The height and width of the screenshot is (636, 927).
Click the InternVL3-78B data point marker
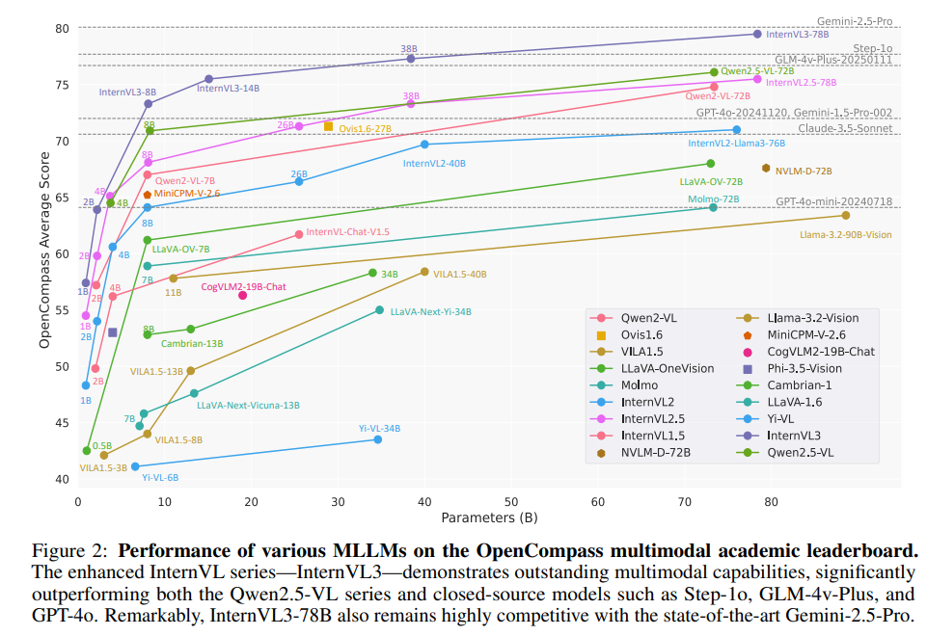coord(756,34)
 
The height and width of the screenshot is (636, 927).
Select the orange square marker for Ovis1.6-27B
coord(328,126)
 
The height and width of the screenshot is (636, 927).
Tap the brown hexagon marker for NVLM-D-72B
coord(766,168)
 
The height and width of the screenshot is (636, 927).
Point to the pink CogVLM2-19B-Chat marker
coord(242,295)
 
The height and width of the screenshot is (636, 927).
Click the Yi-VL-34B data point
coord(377,439)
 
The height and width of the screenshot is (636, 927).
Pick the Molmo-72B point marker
coord(713,207)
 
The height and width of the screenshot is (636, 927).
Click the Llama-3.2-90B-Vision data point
coord(846,215)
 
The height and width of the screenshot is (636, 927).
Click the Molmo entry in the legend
coord(638,385)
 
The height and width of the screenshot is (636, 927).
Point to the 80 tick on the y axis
coord(63,29)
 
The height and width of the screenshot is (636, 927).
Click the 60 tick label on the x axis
coord(598,501)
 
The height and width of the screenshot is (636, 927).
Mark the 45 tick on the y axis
coord(63,423)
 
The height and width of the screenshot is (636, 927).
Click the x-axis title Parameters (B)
coord(489,517)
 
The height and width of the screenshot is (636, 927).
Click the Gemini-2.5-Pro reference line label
coord(855,20)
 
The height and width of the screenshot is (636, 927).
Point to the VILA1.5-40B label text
coord(460,275)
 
